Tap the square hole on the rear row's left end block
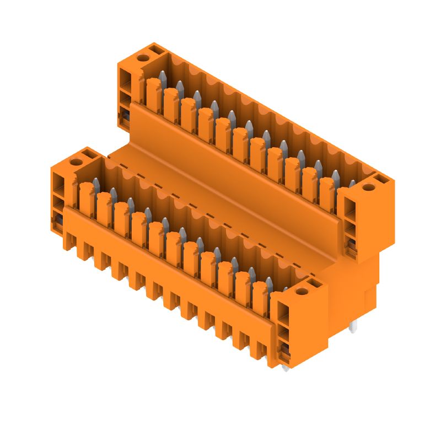coord(155,51)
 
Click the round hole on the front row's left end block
coord(76,162)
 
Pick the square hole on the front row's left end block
coord(88,155)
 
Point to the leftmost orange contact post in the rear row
coord(154,92)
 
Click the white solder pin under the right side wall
coord(353,327)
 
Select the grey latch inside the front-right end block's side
coord(283,348)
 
